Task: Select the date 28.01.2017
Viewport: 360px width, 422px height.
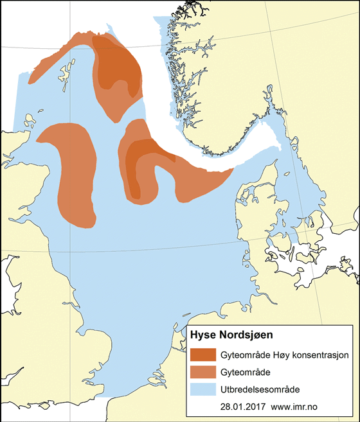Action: pyautogui.click(x=242, y=407)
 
